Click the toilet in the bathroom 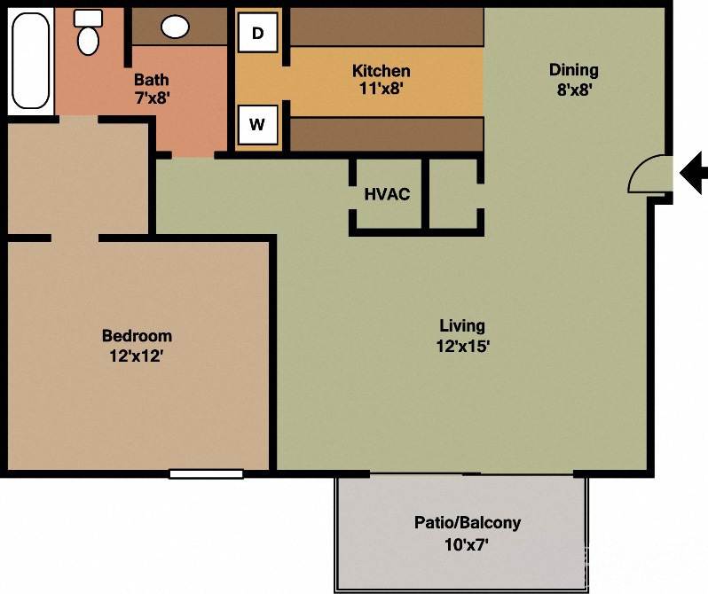[88, 34]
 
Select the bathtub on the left [30, 60]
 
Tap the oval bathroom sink [175, 27]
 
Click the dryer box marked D [258, 34]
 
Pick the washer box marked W [257, 125]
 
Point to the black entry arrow [693, 172]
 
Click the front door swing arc [649, 174]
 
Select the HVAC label [387, 194]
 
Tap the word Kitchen [381, 71]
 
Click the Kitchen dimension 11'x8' [381, 88]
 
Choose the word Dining [573, 70]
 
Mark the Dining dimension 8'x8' [573, 89]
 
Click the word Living [462, 326]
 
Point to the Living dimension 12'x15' [462, 347]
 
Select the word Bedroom [137, 336]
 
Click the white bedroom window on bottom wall [206, 474]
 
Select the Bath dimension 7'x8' [152, 98]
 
